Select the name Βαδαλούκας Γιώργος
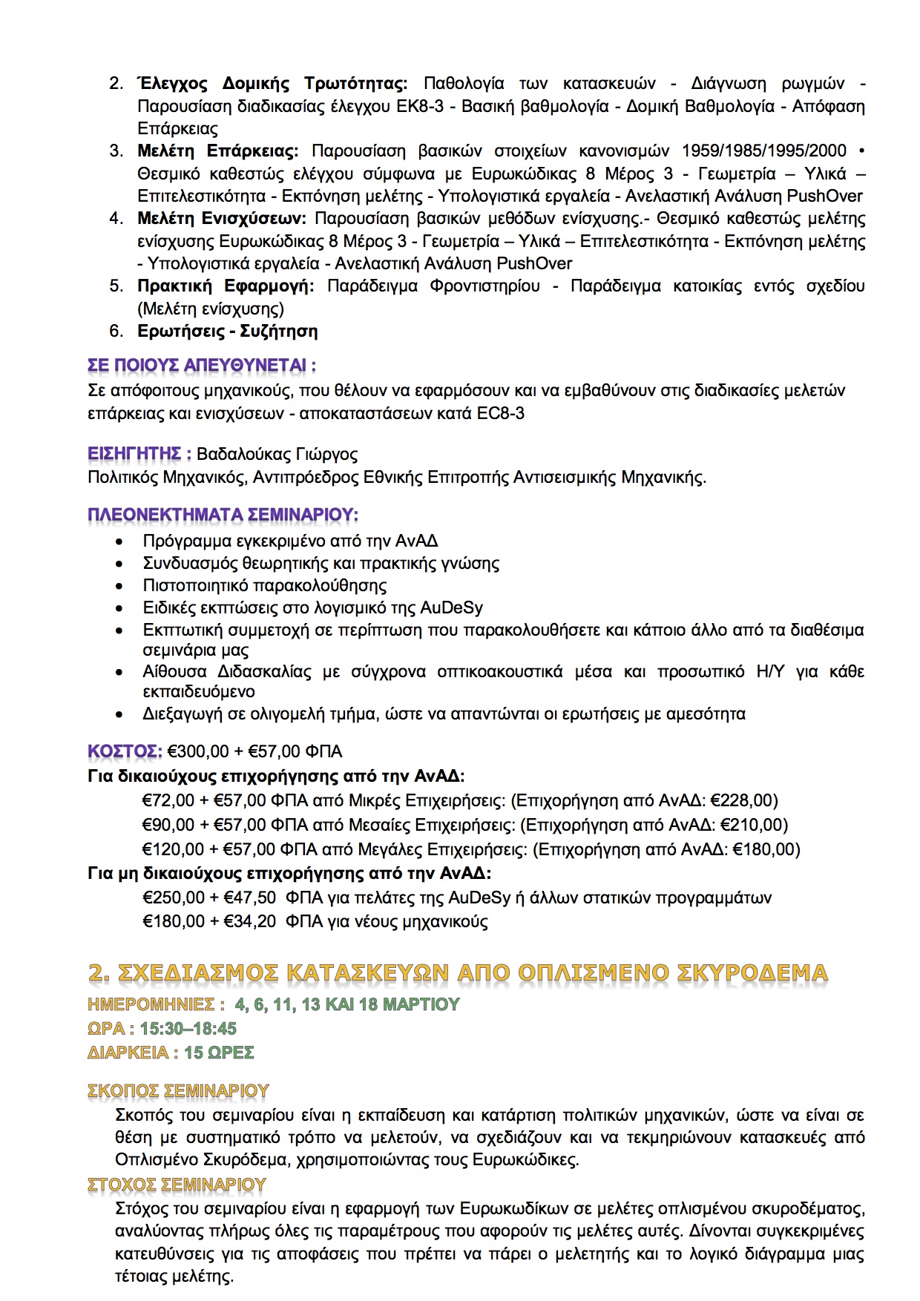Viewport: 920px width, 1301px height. tap(277, 454)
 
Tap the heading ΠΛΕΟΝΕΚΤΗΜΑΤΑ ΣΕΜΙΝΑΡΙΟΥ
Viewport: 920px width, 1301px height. tap(223, 515)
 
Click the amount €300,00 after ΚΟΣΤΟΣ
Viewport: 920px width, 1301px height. tap(199, 751)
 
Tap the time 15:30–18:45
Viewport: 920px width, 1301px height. tap(188, 1029)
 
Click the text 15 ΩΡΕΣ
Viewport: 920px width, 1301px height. tap(219, 1053)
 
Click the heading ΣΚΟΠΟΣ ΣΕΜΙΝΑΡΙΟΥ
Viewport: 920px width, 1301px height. tap(178, 1091)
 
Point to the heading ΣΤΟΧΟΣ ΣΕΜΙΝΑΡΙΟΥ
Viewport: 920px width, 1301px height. tap(177, 1185)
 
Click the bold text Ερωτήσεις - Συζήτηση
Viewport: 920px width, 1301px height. tap(228, 331)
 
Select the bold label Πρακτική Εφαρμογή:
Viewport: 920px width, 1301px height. tap(226, 286)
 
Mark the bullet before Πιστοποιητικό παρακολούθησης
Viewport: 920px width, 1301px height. tap(119, 587)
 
